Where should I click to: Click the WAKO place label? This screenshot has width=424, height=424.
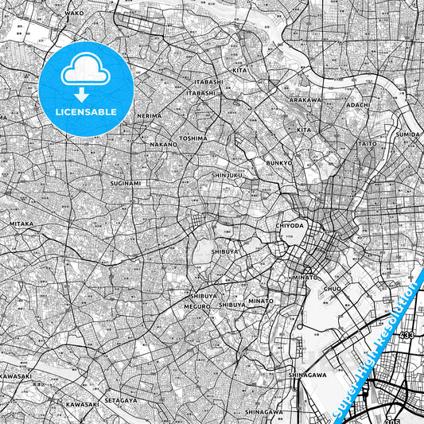74,14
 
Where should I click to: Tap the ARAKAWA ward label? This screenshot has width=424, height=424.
305,100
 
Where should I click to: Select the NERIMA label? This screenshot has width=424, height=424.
149,115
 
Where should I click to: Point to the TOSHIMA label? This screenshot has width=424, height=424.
193,138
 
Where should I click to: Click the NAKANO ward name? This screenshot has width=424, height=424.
163,145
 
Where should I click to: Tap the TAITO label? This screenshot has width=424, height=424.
368,143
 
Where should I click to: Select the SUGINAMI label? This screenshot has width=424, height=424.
126,183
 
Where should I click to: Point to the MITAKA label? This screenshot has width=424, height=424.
21,224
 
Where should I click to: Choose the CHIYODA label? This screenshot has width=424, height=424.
291,225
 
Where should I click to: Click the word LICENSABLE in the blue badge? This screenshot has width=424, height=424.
87,111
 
